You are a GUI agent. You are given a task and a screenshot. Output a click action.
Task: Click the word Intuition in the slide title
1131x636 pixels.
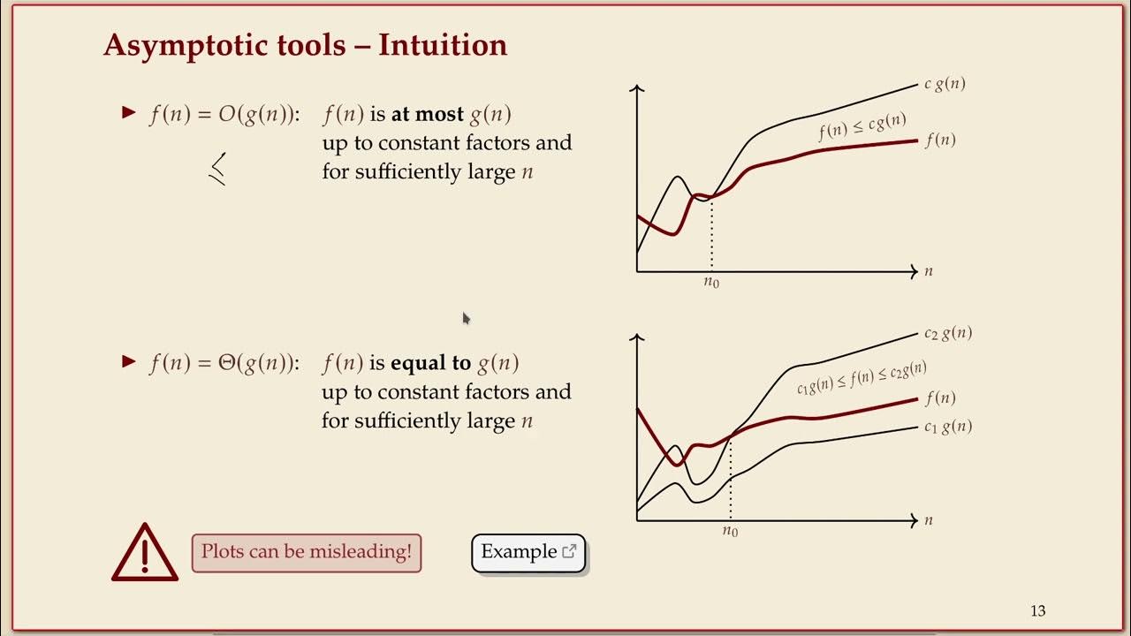point(443,45)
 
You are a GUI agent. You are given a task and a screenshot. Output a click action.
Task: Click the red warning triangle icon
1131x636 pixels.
point(145,554)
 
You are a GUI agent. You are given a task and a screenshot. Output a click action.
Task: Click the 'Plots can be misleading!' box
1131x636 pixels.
point(307,553)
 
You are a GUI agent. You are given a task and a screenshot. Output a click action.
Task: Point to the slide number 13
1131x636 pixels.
point(1037,611)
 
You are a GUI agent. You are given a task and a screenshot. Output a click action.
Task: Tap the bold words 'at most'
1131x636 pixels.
point(428,115)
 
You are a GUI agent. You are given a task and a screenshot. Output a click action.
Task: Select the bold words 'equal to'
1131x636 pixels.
point(430,364)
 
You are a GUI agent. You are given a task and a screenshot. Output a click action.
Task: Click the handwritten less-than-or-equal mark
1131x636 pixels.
point(217,169)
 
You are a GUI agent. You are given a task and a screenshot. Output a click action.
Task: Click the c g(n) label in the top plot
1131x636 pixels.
point(945,85)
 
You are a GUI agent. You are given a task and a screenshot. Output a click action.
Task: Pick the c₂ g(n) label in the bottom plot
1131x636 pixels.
point(947,334)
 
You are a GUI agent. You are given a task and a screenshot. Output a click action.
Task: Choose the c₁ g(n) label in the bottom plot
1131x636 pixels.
point(947,428)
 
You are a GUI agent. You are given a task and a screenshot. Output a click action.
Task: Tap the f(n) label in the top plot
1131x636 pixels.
point(940,140)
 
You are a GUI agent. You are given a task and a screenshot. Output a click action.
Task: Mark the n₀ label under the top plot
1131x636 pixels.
point(711,283)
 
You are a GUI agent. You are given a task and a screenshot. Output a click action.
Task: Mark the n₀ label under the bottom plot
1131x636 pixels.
point(730,532)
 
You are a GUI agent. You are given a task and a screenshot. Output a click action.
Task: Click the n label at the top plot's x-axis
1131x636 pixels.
point(929,272)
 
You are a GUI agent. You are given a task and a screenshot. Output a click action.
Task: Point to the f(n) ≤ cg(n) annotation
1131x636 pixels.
point(862,127)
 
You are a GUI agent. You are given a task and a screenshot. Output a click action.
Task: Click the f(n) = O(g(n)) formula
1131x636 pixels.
point(224,115)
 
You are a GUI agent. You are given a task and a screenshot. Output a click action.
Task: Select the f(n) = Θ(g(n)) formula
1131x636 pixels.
point(224,364)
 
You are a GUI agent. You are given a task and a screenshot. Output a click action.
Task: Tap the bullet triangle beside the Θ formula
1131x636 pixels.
point(129,361)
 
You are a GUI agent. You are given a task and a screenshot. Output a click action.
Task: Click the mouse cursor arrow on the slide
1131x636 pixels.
point(466,318)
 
